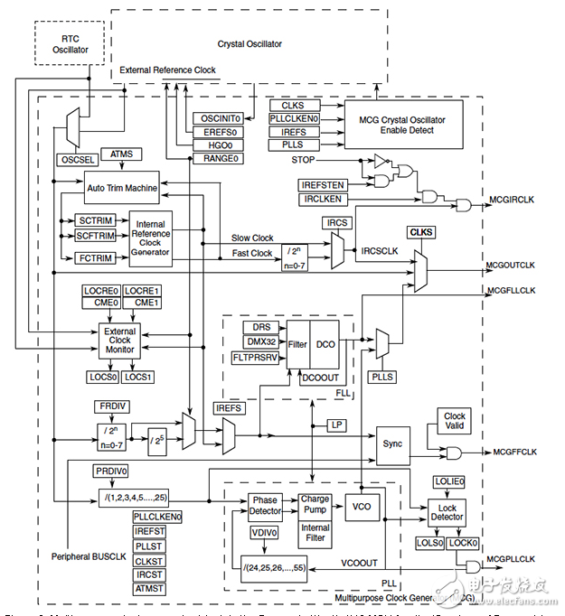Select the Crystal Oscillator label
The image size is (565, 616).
point(250,43)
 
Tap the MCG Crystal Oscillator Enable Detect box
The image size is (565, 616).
point(402,124)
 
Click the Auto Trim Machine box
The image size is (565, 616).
point(122,190)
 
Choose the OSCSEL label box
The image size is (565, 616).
point(76,159)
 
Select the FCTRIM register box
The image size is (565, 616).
point(95,258)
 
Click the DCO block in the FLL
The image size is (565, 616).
point(327,344)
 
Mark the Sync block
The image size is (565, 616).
point(392,444)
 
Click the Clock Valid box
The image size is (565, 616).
point(454,422)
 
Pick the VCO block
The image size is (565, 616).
point(360,507)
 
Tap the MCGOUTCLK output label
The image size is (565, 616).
point(510,265)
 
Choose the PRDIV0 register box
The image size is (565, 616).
point(111,471)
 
